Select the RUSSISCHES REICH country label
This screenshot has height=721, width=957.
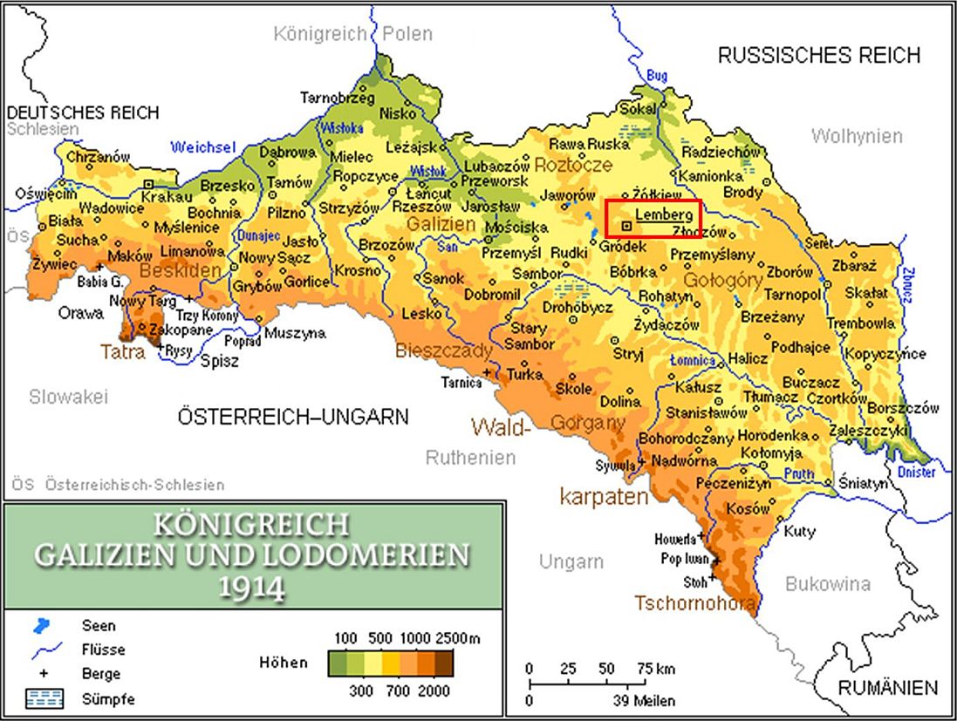tap(818, 56)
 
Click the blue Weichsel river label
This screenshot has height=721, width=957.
tap(203, 147)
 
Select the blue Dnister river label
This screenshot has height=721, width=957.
tap(915, 472)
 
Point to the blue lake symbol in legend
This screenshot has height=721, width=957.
tap(41, 625)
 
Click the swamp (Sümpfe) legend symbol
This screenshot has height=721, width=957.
tap(41, 698)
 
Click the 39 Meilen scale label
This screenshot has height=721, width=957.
tap(643, 700)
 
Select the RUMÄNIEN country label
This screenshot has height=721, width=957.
tap(888, 687)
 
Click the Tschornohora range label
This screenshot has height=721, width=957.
tap(694, 603)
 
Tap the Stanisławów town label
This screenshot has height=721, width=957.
tap(707, 412)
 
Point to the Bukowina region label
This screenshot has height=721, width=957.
tap(828, 584)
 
